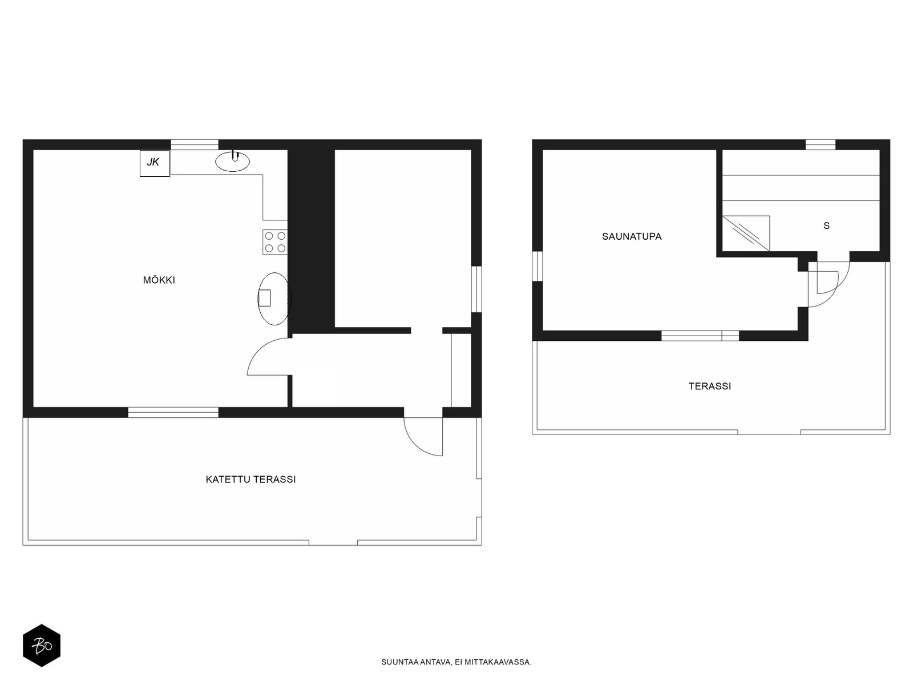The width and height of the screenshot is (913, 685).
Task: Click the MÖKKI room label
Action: [x=159, y=280]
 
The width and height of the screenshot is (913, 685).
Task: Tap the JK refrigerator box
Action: [x=155, y=163]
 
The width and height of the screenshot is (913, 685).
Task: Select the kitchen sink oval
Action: [x=232, y=162]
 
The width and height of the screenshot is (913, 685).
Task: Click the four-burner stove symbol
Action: [x=275, y=242]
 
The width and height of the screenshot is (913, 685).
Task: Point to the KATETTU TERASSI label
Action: [x=251, y=479]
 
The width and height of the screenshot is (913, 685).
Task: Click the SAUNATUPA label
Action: [x=632, y=237]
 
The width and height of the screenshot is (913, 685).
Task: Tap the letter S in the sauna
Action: [x=826, y=226]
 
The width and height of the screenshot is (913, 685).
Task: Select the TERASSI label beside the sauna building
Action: [x=710, y=386]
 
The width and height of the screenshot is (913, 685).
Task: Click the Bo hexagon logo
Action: [x=42, y=646]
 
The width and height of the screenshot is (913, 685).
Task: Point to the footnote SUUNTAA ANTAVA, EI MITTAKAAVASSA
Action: [x=457, y=662]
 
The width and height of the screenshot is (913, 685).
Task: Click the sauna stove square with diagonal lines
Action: [x=746, y=233]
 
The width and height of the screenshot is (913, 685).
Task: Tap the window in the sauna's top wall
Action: [x=820, y=145]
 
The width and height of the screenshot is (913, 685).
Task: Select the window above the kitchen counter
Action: [x=195, y=145]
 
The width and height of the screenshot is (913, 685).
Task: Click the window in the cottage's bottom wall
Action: [x=173, y=412]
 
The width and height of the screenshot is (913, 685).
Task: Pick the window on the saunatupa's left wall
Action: [x=538, y=266]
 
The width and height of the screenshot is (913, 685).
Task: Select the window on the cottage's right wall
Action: [x=476, y=289]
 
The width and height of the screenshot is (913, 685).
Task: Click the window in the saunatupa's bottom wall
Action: [x=700, y=336]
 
